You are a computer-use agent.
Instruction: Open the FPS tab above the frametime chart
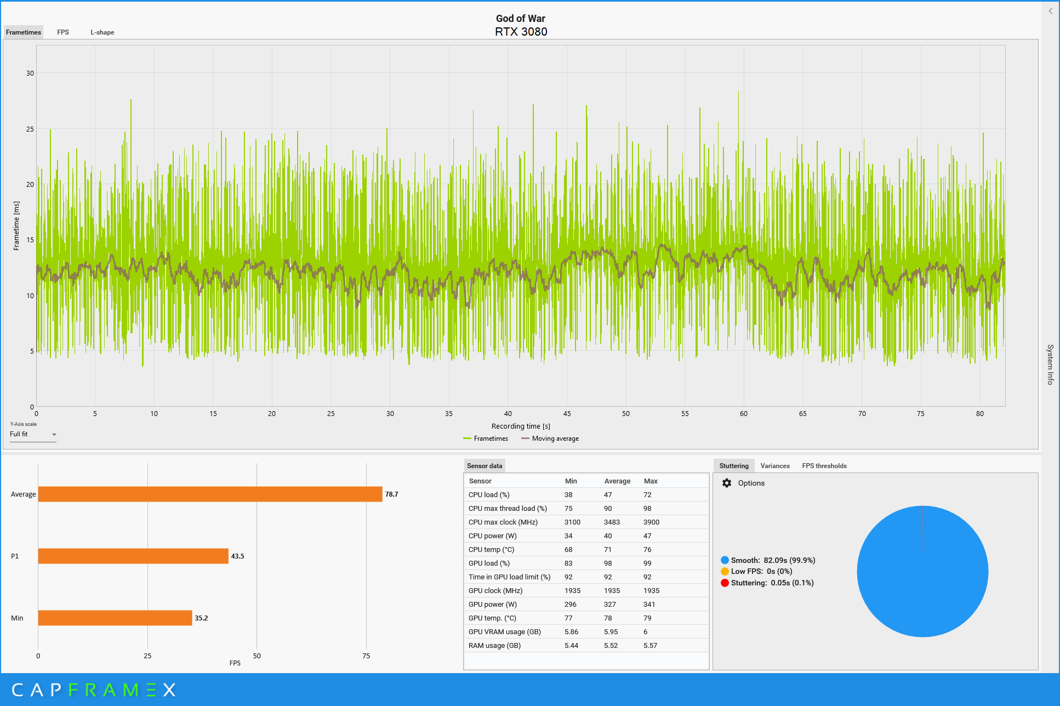pyautogui.click(x=63, y=32)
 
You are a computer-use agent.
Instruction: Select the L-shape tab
pyautogui.click(x=102, y=32)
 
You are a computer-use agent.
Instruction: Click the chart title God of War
pyautogui.click(x=521, y=19)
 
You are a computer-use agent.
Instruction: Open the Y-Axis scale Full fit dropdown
pyautogui.click(x=33, y=434)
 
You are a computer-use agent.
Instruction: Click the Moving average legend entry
pyautogui.click(x=550, y=439)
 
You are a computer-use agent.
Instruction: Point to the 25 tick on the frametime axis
pyautogui.click(x=30, y=129)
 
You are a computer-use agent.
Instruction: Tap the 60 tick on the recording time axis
pyautogui.click(x=744, y=414)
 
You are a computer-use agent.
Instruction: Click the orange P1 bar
pyautogui.click(x=133, y=556)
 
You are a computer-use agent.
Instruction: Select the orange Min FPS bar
pyautogui.click(x=115, y=618)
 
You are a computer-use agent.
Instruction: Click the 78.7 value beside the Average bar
pyautogui.click(x=391, y=494)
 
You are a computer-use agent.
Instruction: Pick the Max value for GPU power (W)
pyautogui.click(x=649, y=604)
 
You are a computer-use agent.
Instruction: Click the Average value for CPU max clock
pyautogui.click(x=612, y=522)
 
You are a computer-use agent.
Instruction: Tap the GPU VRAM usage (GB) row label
pyautogui.click(x=505, y=631)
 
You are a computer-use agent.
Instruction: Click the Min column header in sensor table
pyautogui.click(x=571, y=481)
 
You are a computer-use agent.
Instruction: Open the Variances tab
pyautogui.click(x=775, y=466)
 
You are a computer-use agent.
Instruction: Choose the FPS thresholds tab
pyautogui.click(x=824, y=466)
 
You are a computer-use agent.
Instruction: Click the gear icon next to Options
pyautogui.click(x=727, y=483)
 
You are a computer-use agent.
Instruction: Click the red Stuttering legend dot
pyautogui.click(x=725, y=583)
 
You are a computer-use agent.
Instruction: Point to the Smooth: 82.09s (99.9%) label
pyautogui.click(x=773, y=560)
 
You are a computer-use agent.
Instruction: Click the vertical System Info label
pyautogui.click(x=1050, y=365)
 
